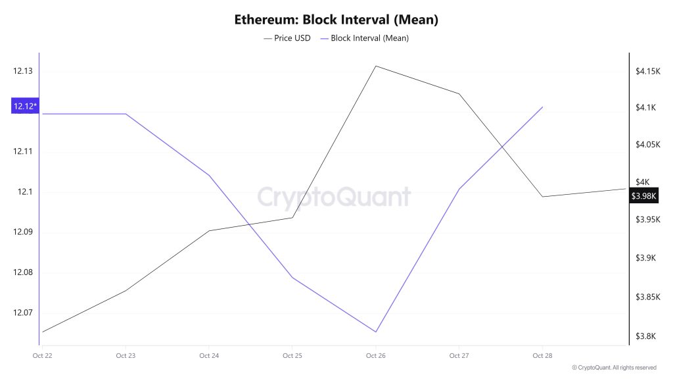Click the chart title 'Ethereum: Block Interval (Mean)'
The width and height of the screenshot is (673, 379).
tap(336, 20)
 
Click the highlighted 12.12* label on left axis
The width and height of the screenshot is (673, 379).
tap(24, 106)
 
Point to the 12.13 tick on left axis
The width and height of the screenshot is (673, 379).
tap(23, 71)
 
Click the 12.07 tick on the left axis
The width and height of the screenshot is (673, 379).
tap(23, 313)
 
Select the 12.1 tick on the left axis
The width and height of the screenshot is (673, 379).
tap(24, 192)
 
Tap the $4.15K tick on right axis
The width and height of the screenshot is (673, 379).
tap(647, 71)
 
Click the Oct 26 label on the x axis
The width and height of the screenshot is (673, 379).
tap(375, 356)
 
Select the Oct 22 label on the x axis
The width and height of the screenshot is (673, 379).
tap(42, 356)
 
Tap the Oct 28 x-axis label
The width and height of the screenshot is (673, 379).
tap(542, 356)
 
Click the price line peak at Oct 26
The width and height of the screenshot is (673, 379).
tap(375, 66)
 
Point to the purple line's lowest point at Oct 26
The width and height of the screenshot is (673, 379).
tap(375, 332)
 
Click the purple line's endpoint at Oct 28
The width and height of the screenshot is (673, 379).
tap(542, 107)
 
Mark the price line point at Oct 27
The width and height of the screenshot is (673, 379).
tap(459, 93)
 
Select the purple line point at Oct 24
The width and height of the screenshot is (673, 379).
tap(209, 176)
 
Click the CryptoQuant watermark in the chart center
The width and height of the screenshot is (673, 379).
tap(333, 197)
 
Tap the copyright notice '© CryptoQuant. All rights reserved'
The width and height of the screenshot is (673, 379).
tap(614, 368)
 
